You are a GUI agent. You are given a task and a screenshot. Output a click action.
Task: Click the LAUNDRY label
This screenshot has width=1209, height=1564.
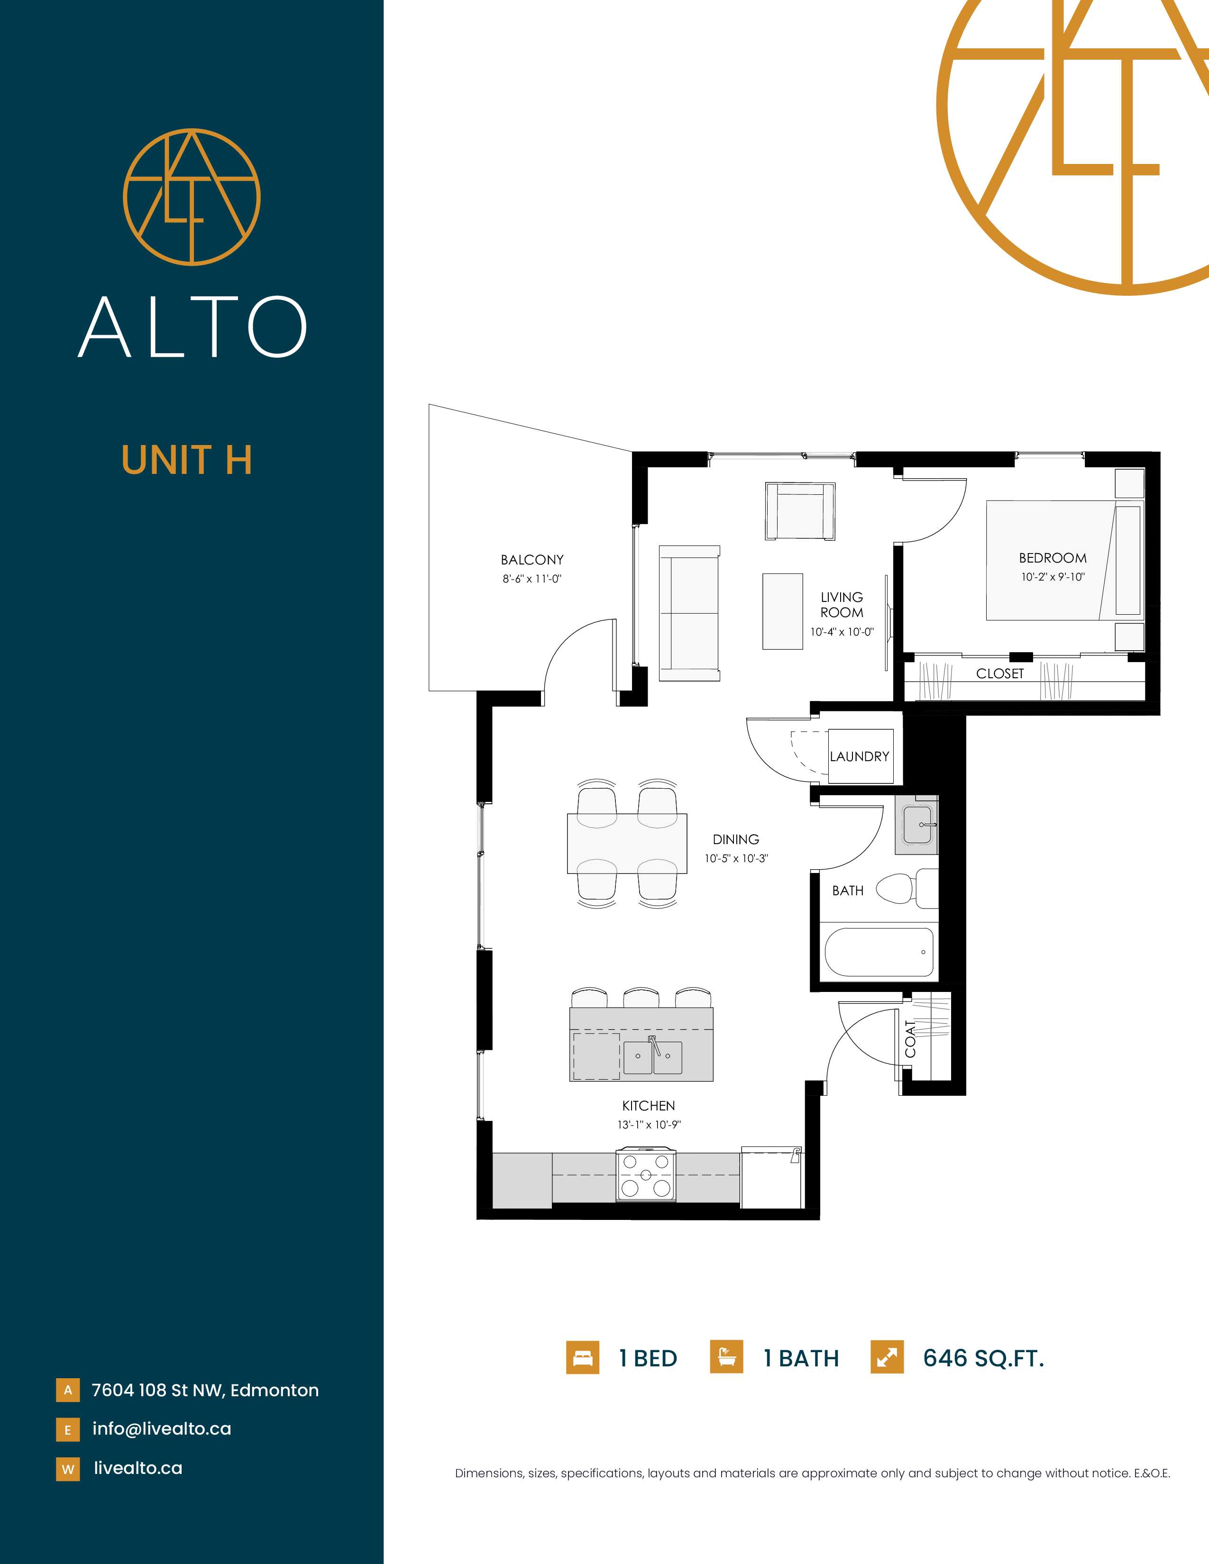860,756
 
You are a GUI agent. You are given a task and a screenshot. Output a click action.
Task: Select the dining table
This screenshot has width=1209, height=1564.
627,844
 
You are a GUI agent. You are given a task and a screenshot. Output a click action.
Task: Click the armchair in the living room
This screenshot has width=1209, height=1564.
800,511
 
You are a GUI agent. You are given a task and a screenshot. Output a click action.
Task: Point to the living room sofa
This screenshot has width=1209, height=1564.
689,613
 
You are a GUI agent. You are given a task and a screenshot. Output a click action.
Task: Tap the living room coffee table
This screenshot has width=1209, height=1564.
782,611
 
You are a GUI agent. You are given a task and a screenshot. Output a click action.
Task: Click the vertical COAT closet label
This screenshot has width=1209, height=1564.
910,1038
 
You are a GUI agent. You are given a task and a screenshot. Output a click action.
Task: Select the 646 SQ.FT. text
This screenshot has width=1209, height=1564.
983,1358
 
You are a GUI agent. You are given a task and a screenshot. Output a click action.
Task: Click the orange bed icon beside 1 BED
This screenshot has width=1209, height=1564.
582,1357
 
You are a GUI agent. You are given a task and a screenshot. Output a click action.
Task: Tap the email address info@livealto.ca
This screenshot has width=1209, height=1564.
162,1428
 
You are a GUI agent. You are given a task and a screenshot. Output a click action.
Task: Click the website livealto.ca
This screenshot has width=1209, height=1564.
138,1468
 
